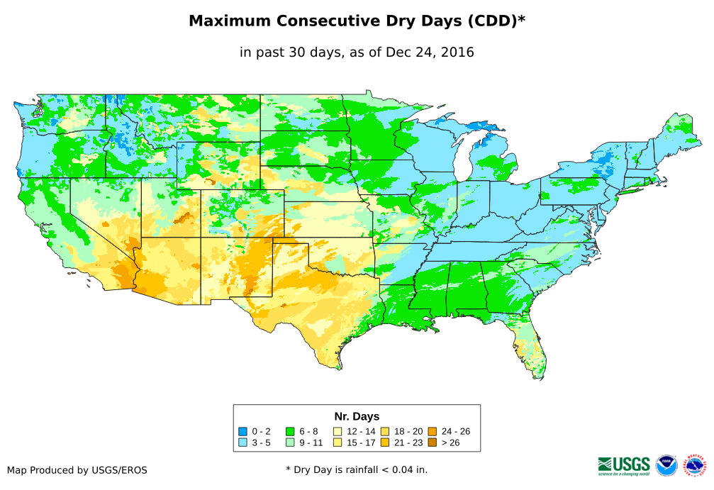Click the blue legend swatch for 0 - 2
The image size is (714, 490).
point(243,431)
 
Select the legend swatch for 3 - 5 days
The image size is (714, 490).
point(243,442)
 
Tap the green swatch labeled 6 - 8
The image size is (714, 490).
point(290,431)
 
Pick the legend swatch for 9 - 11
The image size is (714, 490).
point(290,442)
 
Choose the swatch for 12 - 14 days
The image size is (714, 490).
point(337,431)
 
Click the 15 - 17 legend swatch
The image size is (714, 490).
point(337,442)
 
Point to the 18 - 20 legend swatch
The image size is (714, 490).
point(384,431)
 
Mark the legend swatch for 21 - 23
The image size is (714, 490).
point(384,442)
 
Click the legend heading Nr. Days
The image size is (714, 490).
point(357,416)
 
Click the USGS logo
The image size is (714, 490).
point(624,465)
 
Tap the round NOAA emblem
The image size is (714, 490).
point(666,466)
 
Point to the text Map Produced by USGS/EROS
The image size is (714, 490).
point(77,470)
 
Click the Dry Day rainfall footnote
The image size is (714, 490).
point(357,469)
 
